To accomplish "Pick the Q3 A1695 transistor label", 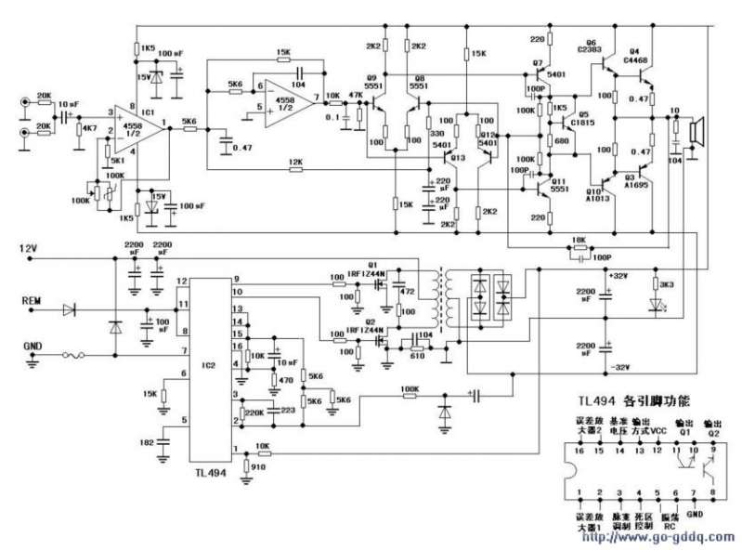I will (639, 180).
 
